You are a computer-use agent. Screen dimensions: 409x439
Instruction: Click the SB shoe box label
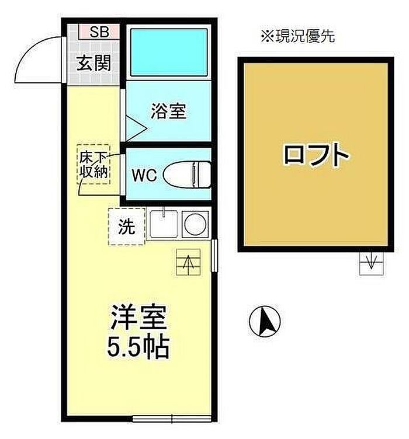click(99, 32)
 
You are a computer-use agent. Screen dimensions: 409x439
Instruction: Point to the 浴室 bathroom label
click(169, 111)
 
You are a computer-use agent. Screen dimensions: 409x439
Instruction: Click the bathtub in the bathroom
click(169, 53)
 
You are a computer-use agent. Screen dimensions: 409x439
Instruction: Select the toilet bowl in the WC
click(187, 175)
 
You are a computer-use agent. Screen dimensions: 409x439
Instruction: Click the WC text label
click(144, 176)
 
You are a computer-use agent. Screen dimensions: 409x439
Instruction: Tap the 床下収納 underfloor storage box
click(93, 165)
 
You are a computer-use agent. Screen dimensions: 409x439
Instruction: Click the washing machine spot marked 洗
click(127, 227)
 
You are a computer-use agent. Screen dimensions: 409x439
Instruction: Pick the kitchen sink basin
click(164, 224)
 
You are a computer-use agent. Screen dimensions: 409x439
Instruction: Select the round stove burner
click(196, 224)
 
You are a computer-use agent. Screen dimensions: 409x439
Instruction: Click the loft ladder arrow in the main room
click(189, 262)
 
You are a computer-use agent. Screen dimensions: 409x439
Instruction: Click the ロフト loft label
click(316, 154)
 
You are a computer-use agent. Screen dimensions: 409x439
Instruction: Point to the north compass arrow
click(265, 321)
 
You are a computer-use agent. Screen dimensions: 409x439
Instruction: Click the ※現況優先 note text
click(298, 36)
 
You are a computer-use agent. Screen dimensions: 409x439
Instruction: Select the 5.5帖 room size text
click(138, 348)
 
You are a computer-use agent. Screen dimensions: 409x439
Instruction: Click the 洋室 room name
click(139, 318)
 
